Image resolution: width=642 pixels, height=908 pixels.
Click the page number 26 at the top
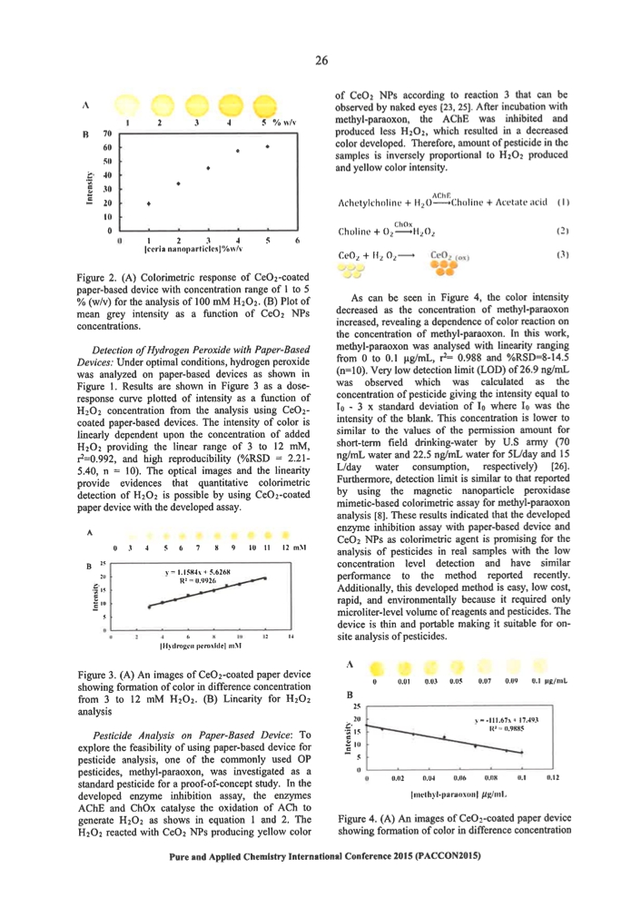321,61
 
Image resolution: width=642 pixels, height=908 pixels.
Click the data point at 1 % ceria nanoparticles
149,203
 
